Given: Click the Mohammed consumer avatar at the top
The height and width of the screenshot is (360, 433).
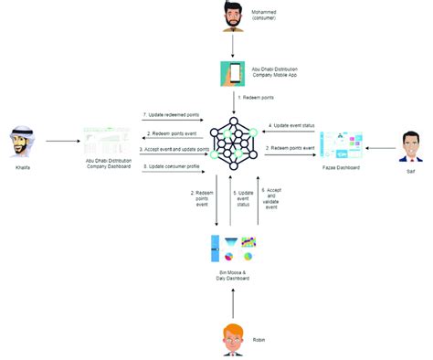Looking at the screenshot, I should pos(233,16).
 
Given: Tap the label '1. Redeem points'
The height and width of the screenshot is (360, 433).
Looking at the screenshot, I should pos(257,97).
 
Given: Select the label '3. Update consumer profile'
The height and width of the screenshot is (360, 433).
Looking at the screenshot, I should pos(170,167).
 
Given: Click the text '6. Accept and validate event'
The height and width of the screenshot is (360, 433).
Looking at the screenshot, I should pos(270,200).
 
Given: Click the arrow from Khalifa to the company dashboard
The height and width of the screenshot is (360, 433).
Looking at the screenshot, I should pos(60,143).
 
